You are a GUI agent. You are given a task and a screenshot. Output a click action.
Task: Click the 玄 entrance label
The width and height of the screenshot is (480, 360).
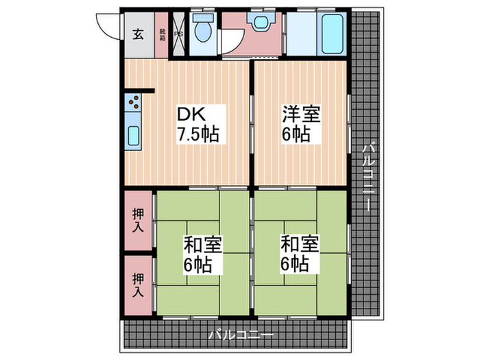coord(138,34)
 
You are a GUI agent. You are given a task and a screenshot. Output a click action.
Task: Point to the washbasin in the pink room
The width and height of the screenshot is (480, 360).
coord(260,22)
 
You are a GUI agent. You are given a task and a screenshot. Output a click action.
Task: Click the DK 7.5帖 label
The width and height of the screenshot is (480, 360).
coord(198,123)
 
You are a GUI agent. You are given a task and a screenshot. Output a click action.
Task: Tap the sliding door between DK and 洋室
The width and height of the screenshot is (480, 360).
coord(252,123)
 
